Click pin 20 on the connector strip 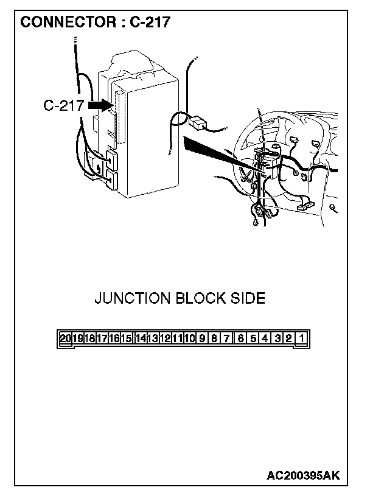click(x=65, y=338)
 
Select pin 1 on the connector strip click(x=301, y=338)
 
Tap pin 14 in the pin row click(x=141, y=338)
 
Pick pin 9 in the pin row click(x=202, y=338)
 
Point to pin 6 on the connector click(x=240, y=338)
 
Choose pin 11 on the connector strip click(x=177, y=338)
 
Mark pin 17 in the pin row click(x=102, y=338)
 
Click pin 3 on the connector click(x=277, y=338)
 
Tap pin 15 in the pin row click(x=126, y=338)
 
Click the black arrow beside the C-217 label click(x=100, y=105)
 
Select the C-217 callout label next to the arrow click(x=64, y=105)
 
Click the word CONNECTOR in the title click(x=68, y=22)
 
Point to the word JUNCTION click(x=132, y=298)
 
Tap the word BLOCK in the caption click(x=201, y=298)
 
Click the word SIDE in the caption click(x=248, y=298)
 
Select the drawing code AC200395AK click(x=303, y=476)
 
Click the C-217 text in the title click(x=150, y=22)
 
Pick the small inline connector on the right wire click(x=198, y=122)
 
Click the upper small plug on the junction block click(x=112, y=159)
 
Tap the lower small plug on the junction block click(x=112, y=180)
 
